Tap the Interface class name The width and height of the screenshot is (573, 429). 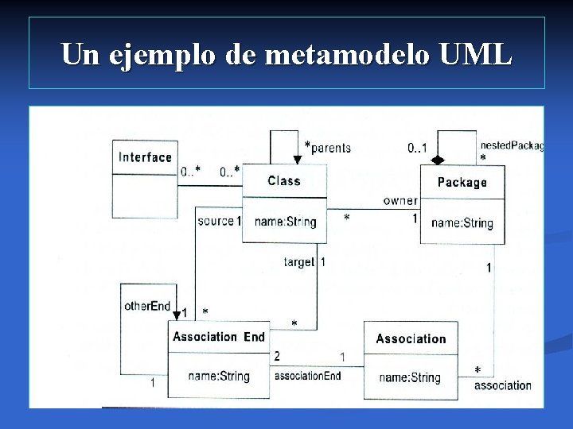point(145,157)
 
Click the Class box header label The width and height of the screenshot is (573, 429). point(284,181)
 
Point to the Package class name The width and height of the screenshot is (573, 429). point(462,183)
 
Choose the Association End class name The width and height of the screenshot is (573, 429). point(219,337)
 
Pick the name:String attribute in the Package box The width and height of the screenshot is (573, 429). point(462,223)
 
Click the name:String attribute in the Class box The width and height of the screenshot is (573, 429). point(285,222)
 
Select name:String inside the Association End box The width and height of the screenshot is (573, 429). point(219,376)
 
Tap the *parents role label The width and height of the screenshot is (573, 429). point(328,148)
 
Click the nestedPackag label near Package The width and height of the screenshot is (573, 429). point(512,145)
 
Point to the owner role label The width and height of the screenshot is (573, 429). point(400,201)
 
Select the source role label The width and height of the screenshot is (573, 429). point(216,221)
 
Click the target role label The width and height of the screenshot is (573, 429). point(299,262)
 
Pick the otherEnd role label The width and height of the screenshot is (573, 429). point(147,306)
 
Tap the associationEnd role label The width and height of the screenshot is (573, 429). point(307,376)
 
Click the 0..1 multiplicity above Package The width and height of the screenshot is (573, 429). point(417,149)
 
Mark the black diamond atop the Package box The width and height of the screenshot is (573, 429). point(437,160)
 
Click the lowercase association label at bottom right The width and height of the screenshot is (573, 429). point(502,386)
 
